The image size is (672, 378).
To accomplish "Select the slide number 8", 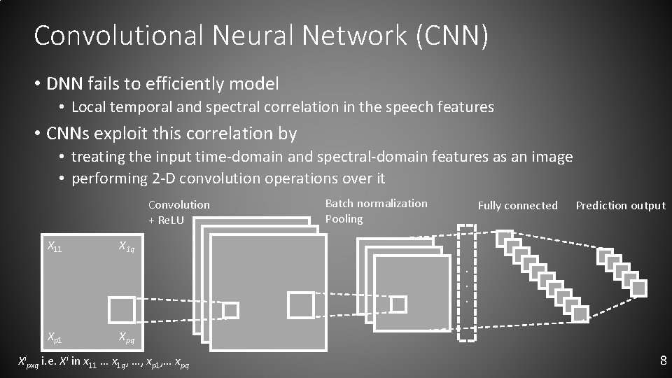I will click(663, 361).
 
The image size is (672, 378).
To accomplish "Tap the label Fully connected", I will click(517, 205).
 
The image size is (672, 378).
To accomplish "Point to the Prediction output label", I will click(620, 205).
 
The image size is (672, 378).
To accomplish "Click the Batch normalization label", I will click(376, 203).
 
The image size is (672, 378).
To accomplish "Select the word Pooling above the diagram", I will click(344, 219).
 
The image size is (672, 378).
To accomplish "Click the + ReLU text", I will click(166, 220).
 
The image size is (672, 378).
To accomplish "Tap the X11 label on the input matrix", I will click(54, 246).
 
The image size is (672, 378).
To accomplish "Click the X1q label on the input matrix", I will click(127, 246).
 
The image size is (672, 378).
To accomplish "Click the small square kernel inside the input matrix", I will click(121, 309).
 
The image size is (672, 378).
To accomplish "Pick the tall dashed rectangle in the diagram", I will click(466, 283).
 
